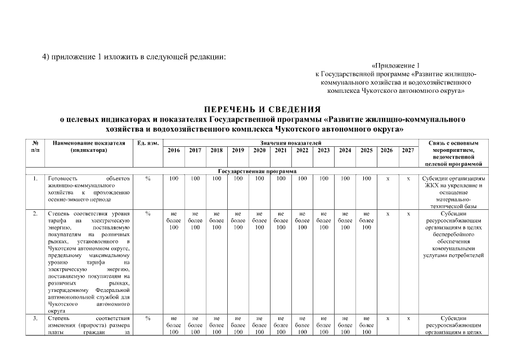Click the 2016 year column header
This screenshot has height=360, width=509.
174,151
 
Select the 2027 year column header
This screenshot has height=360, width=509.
408,151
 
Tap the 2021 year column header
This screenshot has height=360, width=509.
281,151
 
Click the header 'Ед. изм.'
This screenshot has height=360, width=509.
147,144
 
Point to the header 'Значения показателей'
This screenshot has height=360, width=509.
291,143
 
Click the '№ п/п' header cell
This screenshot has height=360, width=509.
35,147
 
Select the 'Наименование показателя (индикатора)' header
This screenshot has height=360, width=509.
89,147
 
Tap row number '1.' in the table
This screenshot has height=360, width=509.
35,178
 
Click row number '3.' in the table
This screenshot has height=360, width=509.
35,318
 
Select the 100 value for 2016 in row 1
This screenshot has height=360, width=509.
174,178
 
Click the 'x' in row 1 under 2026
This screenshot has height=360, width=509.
387,178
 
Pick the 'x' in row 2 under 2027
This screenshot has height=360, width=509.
408,214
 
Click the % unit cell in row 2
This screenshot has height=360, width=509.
147,214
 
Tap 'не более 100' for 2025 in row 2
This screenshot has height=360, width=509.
366,220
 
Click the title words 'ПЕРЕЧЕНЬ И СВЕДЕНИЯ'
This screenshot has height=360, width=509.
262,109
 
